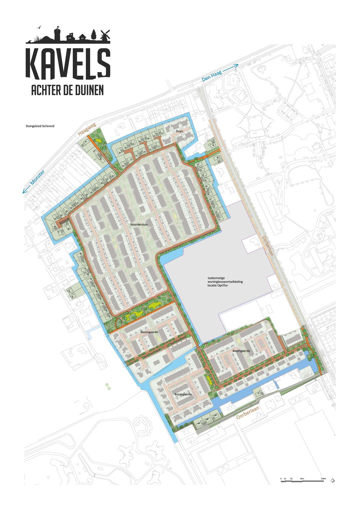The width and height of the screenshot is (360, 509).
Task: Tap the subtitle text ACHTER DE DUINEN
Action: click(x=67, y=90)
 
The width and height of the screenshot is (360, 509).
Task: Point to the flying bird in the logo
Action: click(x=40, y=28)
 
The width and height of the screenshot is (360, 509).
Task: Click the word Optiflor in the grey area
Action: click(x=222, y=285)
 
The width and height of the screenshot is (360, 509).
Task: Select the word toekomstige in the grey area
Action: click(x=216, y=277)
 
